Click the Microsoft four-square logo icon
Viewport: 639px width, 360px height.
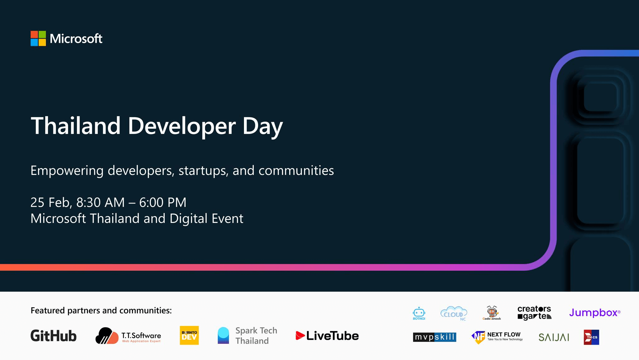pyautogui.click(x=38, y=38)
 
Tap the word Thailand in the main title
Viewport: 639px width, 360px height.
pyautogui.click(x=76, y=126)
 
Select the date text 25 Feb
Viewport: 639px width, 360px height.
pyautogui.click(x=51, y=203)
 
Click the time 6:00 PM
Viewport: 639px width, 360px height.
pyautogui.click(x=163, y=202)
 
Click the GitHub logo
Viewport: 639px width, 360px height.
pyautogui.click(x=53, y=336)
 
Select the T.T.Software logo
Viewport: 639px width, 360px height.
pyautogui.click(x=128, y=336)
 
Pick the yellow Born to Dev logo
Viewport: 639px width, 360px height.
pyautogui.click(x=189, y=335)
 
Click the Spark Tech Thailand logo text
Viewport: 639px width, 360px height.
pyautogui.click(x=256, y=336)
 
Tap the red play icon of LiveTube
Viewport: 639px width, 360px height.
pyautogui.click(x=300, y=336)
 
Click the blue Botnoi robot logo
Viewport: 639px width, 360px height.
pyautogui.click(x=419, y=313)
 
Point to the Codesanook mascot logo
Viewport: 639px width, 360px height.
pyautogui.click(x=492, y=313)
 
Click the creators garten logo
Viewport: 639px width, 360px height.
pyautogui.click(x=534, y=313)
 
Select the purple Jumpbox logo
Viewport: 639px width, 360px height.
pyautogui.click(x=595, y=313)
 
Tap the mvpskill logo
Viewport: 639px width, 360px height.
pyautogui.click(x=435, y=337)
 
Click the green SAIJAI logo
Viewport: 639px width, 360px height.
pyautogui.click(x=554, y=337)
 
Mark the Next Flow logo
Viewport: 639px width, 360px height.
pyautogui.click(x=497, y=337)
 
